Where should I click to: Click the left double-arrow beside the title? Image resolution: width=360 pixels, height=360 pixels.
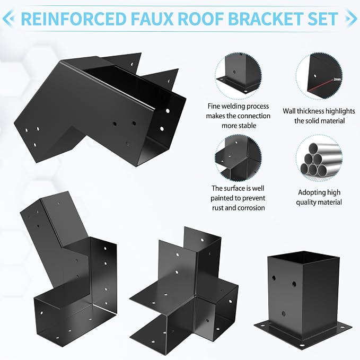[8, 19]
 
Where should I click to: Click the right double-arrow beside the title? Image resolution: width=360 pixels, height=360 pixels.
[350, 19]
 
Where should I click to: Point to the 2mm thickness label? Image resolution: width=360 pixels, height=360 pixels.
[337, 79]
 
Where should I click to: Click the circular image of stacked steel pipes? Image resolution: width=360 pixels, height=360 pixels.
[319, 159]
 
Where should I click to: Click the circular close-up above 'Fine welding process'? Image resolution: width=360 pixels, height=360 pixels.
[238, 76]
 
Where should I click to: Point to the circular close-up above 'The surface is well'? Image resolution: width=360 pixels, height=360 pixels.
[238, 158]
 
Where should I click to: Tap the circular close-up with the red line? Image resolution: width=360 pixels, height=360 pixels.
[319, 76]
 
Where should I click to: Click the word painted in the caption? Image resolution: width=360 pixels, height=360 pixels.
[221, 198]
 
